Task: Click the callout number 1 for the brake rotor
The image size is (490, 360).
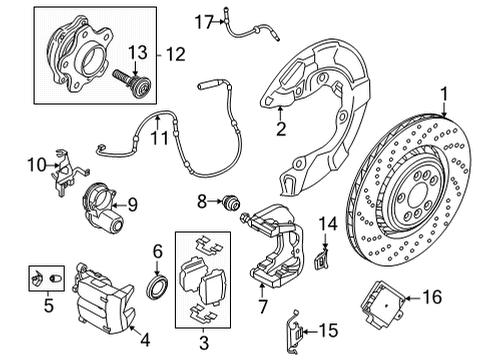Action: coord(441,95)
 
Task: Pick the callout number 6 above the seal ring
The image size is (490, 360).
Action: coord(157,252)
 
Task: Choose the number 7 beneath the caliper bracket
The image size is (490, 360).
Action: coord(261,304)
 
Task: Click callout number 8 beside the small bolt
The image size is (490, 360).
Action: coord(201,203)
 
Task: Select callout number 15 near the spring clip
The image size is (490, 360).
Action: coord(329,330)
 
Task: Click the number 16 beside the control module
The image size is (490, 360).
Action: coord(459,296)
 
